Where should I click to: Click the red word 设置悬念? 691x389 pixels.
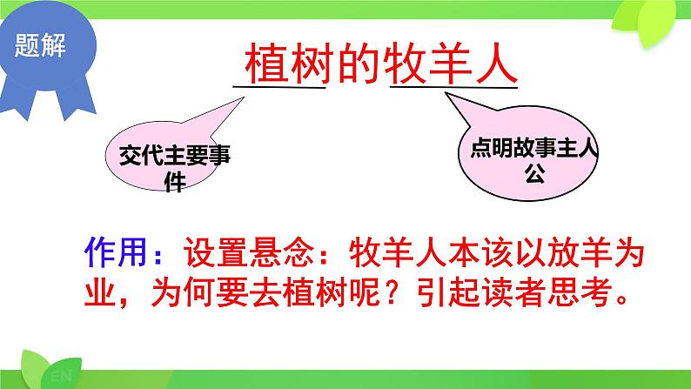click(249, 251)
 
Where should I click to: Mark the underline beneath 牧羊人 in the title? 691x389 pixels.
click(453, 85)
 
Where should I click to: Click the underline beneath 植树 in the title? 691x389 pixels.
click(279, 86)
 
